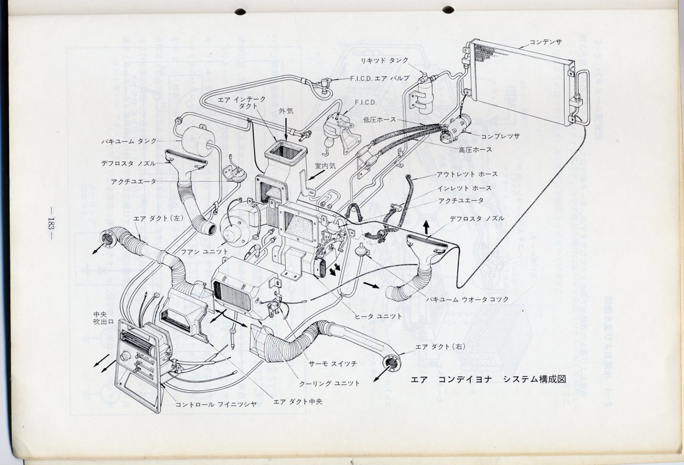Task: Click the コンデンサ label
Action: pos(545,42)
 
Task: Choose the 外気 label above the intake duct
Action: pos(286,111)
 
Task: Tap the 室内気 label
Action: pos(327,166)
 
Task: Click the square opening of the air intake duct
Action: pos(286,152)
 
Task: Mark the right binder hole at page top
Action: pos(448,9)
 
